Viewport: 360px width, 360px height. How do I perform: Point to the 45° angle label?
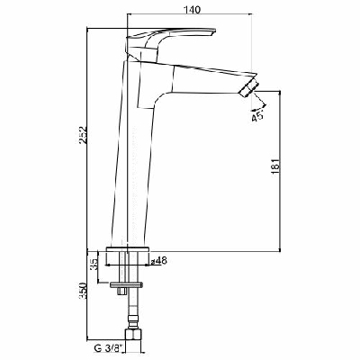[x=259, y=115]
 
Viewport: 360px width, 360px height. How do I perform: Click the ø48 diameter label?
[x=159, y=261]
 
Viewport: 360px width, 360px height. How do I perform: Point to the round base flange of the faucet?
[x=130, y=249]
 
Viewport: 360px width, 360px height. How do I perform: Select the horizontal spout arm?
[x=202, y=77]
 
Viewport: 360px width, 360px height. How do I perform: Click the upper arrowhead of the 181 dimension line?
[x=281, y=91]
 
